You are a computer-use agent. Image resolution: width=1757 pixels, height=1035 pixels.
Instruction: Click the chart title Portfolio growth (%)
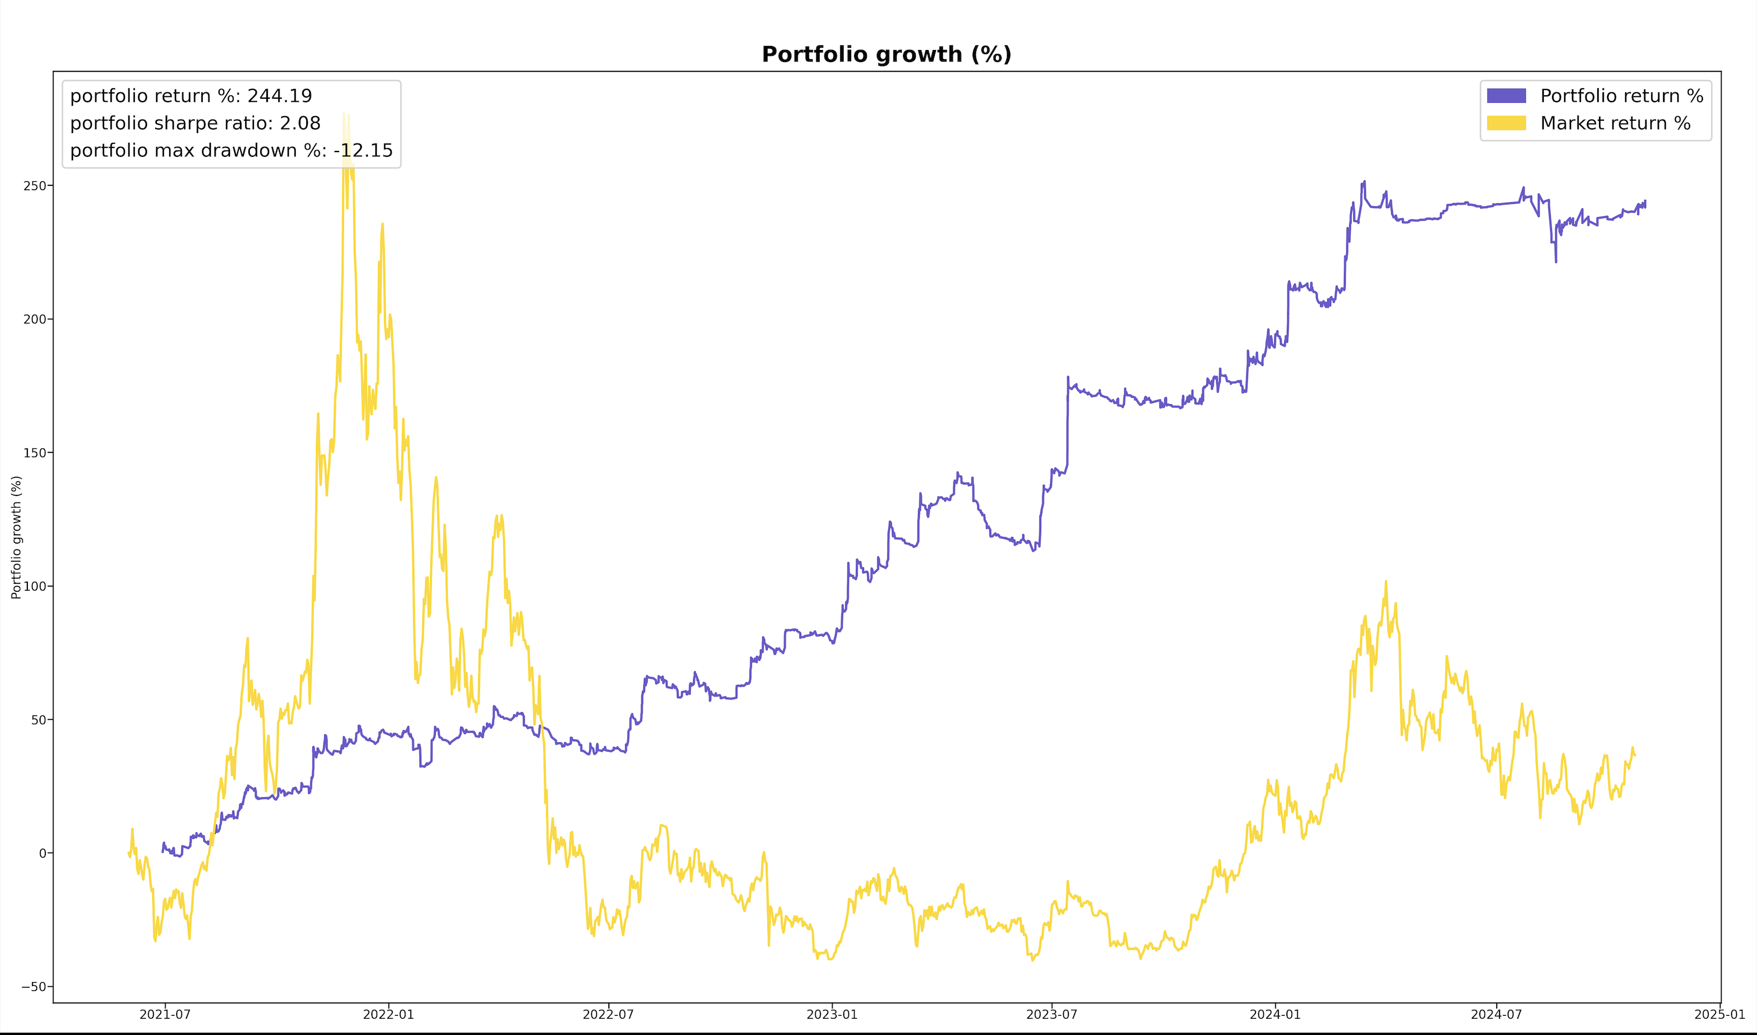point(886,55)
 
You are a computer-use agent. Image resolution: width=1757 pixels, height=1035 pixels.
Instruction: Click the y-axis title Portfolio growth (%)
point(16,537)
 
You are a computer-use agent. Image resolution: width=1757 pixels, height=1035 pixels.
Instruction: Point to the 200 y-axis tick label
point(35,319)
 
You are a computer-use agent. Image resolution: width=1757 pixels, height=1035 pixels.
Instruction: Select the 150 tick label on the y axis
point(35,452)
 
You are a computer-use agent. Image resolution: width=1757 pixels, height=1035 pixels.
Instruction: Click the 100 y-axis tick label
point(35,586)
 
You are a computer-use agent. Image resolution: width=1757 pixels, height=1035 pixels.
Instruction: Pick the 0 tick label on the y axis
point(42,853)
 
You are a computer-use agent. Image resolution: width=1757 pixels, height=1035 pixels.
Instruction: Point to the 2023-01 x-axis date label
point(831,1015)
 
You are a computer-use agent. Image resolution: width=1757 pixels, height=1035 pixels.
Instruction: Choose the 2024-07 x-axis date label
point(1496,1015)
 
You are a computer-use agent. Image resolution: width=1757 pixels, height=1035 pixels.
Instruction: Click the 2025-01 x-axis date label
point(1719,1015)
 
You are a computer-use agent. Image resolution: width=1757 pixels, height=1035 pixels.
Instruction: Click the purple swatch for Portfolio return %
point(1506,96)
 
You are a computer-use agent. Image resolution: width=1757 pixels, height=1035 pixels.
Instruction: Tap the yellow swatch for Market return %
point(1506,124)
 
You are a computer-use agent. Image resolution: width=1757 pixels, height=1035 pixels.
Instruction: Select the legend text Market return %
point(1615,124)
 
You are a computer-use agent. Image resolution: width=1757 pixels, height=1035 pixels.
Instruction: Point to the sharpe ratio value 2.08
point(300,124)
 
